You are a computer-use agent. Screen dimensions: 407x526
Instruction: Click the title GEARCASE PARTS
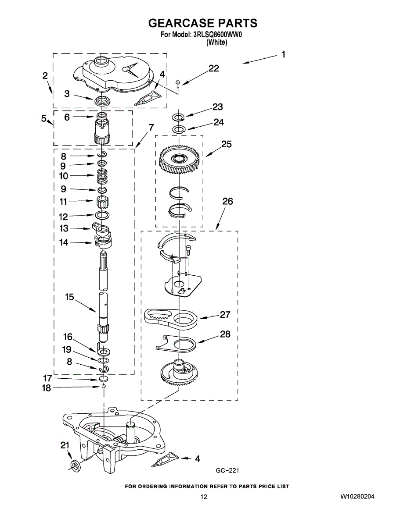coord(203,23)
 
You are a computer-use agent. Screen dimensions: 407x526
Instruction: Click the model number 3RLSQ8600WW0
coord(218,35)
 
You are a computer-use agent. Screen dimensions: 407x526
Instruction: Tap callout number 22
coord(214,68)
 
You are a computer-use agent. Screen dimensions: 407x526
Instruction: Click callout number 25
coord(227,144)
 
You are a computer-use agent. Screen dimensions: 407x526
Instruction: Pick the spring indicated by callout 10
coord(102,176)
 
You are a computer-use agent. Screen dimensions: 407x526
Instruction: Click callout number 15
coord(69,297)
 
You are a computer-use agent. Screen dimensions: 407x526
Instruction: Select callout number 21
coord(65,445)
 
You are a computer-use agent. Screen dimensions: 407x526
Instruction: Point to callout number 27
coord(225,314)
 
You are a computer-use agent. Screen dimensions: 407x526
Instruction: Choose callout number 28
coord(225,334)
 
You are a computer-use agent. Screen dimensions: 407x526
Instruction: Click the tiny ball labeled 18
coord(104,386)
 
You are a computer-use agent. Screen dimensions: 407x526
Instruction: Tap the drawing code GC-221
coord(227,470)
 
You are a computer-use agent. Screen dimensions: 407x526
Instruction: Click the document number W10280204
coord(357,497)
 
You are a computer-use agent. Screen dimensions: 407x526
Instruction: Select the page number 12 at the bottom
coord(204,497)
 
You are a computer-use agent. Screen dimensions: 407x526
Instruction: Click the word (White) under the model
coord(217,43)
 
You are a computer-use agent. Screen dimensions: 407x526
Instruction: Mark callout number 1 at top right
coord(283,54)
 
